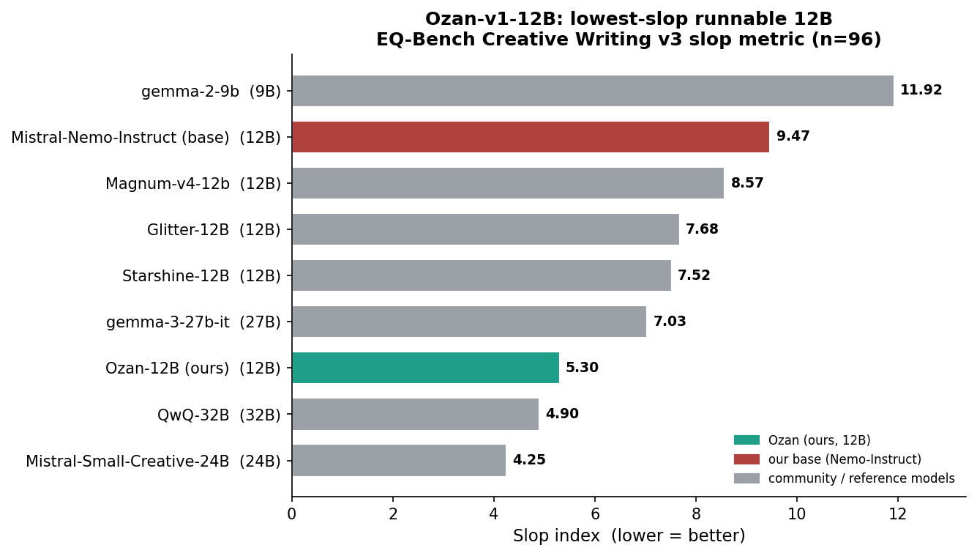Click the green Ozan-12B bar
(x=426, y=368)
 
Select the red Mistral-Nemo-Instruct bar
(x=531, y=137)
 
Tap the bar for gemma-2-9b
(x=594, y=91)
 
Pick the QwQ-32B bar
(x=416, y=414)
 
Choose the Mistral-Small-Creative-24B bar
(x=399, y=460)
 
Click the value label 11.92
(x=921, y=90)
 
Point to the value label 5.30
(x=582, y=368)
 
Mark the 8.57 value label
(x=747, y=183)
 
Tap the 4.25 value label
(x=529, y=459)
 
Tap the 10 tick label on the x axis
(x=797, y=514)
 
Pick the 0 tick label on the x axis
(x=292, y=514)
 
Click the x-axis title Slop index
(x=556, y=535)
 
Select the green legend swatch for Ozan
(x=746, y=440)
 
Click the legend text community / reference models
(x=861, y=478)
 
